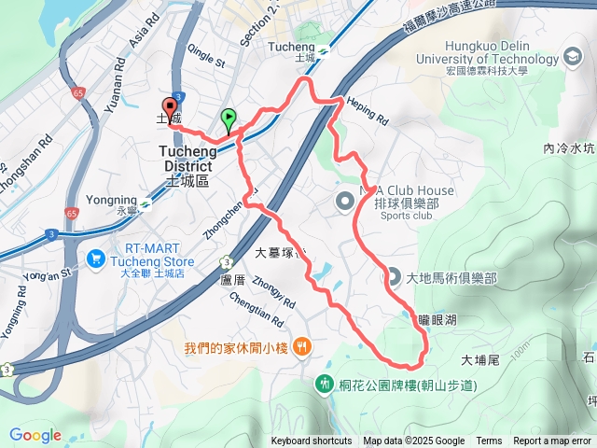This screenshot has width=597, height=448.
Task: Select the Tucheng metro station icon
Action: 322,50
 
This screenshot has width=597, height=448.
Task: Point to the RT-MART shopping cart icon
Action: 95,256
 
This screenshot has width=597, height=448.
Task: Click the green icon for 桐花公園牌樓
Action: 324,384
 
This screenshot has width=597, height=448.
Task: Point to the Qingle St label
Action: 207,58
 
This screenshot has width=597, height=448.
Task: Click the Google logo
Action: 35,435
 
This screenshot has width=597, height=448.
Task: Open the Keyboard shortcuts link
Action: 311,441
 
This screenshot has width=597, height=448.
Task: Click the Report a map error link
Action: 553,441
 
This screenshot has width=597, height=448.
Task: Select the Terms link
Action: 489,441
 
